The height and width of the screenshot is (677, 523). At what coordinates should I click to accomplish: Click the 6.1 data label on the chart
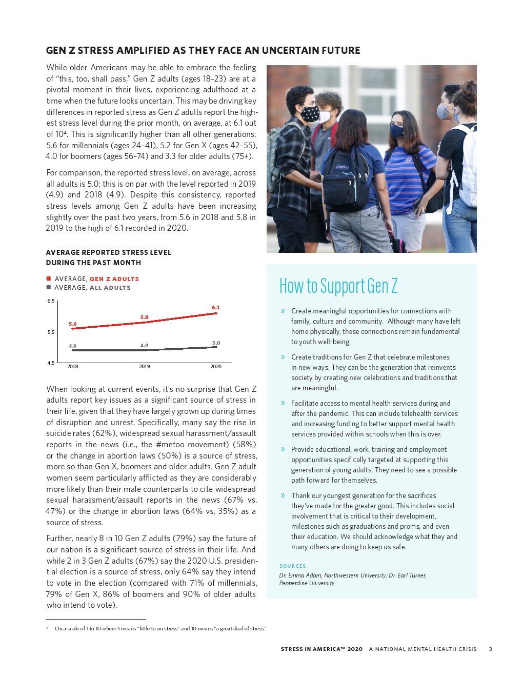point(216,308)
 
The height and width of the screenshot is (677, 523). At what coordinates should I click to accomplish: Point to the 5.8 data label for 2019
point(145,317)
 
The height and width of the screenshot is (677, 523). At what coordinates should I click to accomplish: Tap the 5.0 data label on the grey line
point(216,343)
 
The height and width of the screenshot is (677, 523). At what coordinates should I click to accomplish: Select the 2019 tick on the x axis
point(145,367)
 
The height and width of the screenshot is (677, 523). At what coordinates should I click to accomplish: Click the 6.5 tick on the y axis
point(51,301)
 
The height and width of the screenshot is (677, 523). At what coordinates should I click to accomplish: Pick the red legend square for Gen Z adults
point(49,278)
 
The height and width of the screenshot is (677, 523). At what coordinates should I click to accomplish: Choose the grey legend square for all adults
point(49,287)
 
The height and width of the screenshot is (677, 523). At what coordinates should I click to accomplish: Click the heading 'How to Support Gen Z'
point(338,286)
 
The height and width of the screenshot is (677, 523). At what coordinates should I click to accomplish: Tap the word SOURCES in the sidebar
point(293,566)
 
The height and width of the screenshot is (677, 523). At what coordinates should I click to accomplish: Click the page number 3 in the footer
point(491,649)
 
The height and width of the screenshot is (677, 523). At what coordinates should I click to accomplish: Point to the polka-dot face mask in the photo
point(310,113)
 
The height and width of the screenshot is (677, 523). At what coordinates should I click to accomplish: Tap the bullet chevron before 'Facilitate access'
point(283,403)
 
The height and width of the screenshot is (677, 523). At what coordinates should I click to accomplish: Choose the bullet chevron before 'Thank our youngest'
point(283,495)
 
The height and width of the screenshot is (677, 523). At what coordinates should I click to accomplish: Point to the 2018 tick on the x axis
point(73,367)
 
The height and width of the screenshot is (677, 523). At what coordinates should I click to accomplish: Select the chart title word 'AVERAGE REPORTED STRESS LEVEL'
point(109,252)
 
